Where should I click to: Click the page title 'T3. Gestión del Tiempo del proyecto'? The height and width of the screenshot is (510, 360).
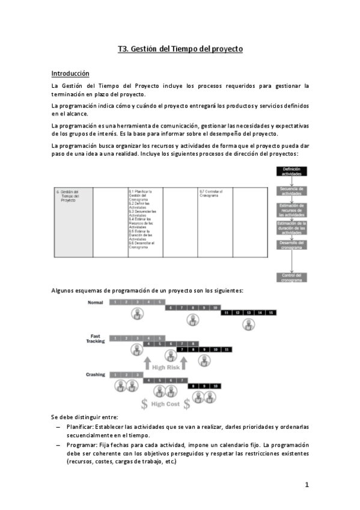180,49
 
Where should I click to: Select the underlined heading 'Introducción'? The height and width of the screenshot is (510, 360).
70,73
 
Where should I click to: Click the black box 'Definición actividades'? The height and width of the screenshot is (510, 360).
291,172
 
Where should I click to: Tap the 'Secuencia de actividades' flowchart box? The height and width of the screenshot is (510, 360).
291,191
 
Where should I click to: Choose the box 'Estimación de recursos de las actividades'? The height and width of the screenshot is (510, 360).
291,210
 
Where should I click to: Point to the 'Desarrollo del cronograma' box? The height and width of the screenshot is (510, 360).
291,244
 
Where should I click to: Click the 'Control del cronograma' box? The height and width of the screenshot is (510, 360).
291,277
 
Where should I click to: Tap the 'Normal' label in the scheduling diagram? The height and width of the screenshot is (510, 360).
96,302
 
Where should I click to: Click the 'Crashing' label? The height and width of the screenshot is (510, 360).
96,375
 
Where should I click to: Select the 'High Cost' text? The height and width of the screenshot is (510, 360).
165,404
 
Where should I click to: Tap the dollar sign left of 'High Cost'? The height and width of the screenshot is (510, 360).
144,404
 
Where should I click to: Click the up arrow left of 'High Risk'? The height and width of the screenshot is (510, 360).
147,363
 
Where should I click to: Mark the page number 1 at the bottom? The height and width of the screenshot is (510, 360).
307,485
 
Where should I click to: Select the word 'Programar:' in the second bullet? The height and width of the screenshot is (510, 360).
81,444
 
